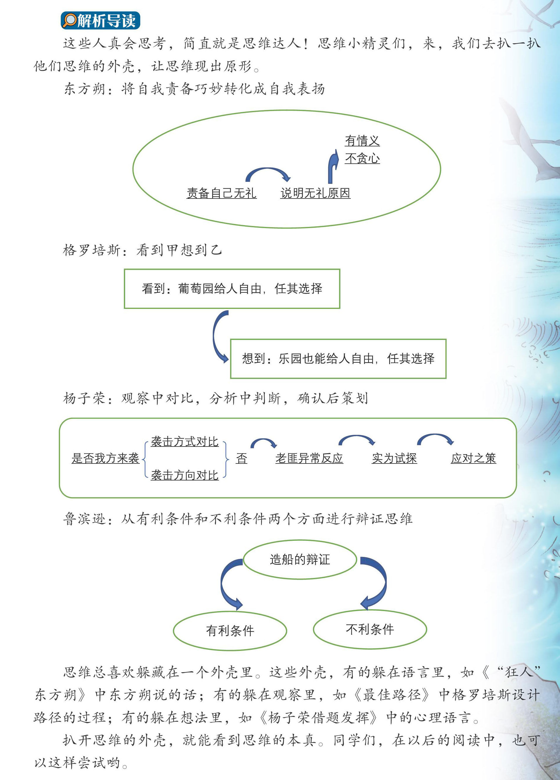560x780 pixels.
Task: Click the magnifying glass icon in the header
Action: point(70,20)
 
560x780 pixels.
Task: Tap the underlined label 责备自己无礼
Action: point(221,193)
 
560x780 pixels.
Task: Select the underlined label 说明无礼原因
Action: point(315,193)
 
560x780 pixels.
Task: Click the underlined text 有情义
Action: point(362,140)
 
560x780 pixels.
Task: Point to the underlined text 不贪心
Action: point(362,158)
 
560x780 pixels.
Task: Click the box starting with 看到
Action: point(232,288)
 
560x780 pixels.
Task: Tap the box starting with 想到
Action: point(338,359)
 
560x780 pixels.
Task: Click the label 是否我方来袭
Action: point(105,458)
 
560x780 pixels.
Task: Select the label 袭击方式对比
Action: point(185,442)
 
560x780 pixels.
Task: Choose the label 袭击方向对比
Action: point(185,475)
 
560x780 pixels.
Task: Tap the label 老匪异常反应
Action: point(309,458)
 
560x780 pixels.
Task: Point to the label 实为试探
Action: point(394,458)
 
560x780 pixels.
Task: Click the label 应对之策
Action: point(473,458)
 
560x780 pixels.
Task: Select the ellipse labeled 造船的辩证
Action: point(300,560)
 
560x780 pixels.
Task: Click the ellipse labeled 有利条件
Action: point(230,630)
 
